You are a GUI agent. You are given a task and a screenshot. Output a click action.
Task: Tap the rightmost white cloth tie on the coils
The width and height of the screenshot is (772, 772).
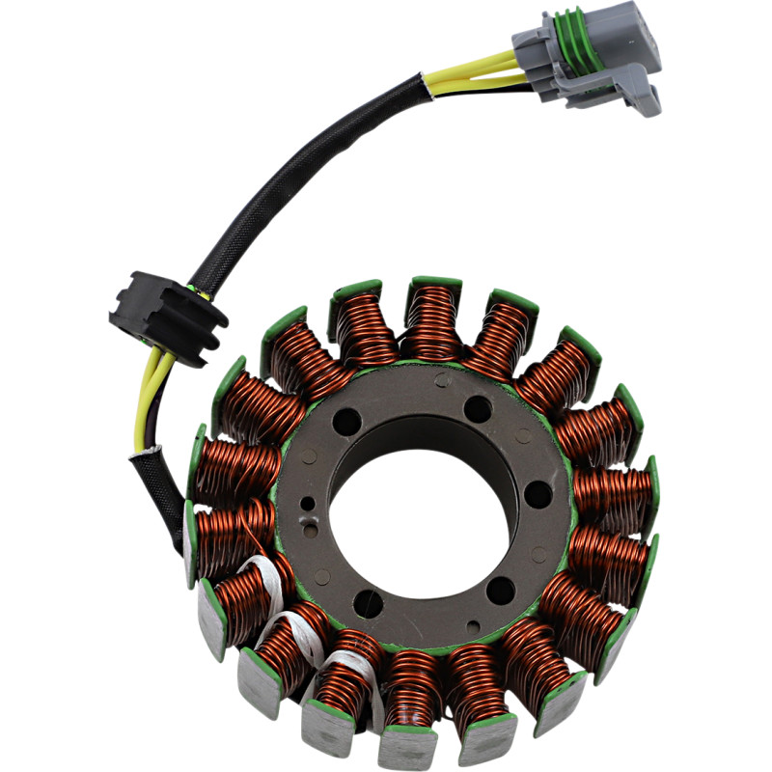(x=343, y=666)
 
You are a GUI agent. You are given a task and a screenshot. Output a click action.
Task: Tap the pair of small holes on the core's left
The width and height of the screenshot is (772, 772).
(x=308, y=516)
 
